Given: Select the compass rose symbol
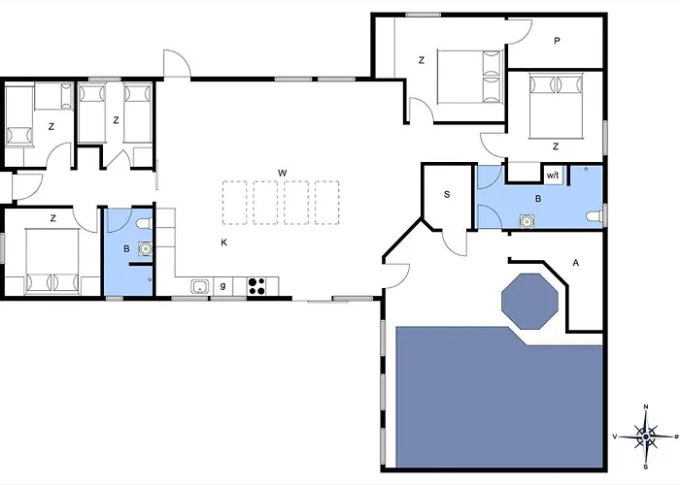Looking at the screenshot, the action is pos(646,436).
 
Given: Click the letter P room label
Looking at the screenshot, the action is pos(557,41).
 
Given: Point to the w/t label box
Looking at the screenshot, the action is pos(553,176).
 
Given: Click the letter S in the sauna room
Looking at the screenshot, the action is pos(447,194).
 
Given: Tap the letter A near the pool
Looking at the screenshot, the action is pos(576,263).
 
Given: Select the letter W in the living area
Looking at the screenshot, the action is pos(283,174).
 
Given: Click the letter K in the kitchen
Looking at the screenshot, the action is pos(223,242).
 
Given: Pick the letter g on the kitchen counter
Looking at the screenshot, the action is pos(222,285).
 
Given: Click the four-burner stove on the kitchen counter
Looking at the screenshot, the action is pos(256,286).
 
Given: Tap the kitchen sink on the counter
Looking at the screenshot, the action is pos(200,287).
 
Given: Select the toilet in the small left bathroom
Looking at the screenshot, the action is pos(144,223).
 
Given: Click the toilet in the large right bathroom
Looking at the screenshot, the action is pos(595,215).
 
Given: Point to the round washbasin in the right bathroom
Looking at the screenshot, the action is pos(527,221).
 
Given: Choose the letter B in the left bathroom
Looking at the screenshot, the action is pos(126,249).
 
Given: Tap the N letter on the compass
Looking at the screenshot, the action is pos(646,406).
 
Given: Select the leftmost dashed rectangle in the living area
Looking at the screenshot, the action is pos(235,203).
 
